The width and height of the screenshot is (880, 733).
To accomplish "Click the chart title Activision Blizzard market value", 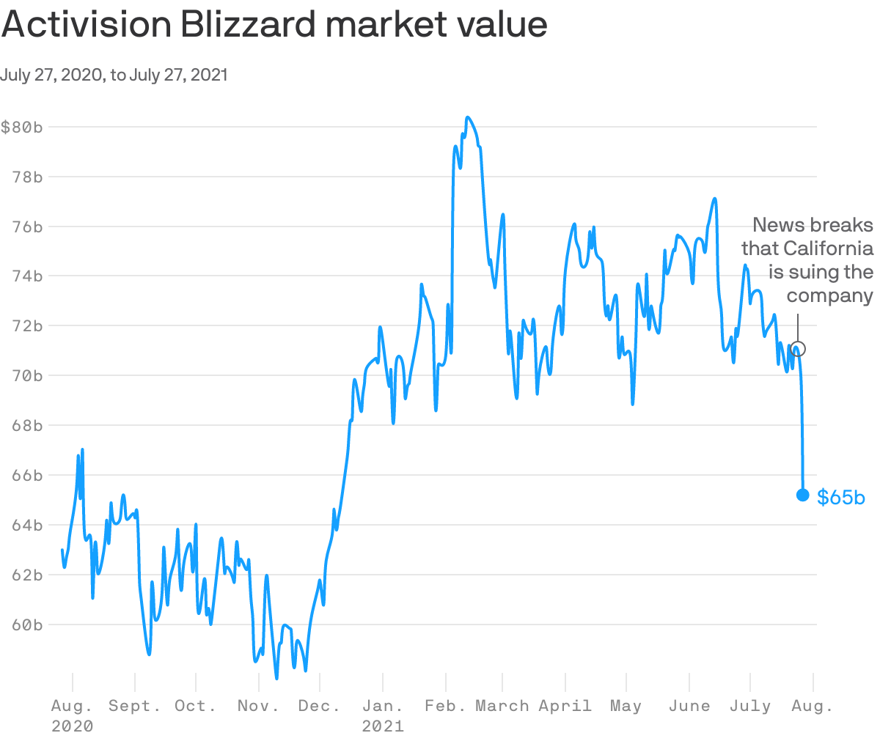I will pyautogui.click(x=274, y=25).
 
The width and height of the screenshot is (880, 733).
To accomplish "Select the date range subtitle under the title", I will pyautogui.click(x=114, y=75).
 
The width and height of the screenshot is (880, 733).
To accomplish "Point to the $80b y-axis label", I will pyautogui.click(x=22, y=127).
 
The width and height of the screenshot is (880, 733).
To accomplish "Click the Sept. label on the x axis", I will pyautogui.click(x=135, y=707).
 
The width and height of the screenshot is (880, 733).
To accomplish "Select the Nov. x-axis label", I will pyautogui.click(x=259, y=707).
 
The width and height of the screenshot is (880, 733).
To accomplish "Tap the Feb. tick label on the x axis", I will pyautogui.click(x=446, y=707).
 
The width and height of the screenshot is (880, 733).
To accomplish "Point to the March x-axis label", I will pyautogui.click(x=502, y=707).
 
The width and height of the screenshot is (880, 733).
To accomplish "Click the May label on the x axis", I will pyautogui.click(x=626, y=707).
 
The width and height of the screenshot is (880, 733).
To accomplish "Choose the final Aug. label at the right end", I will pyautogui.click(x=813, y=707).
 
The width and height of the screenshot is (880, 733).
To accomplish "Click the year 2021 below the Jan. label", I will pyautogui.click(x=384, y=726).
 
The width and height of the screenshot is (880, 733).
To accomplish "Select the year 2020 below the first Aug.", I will pyautogui.click(x=73, y=726).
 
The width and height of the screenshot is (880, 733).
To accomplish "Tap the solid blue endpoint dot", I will pyautogui.click(x=802, y=495).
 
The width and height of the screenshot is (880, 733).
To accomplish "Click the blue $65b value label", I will pyautogui.click(x=841, y=498).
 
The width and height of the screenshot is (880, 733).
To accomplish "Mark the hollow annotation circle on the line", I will pyautogui.click(x=799, y=349).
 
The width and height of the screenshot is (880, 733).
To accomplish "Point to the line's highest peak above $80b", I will pyautogui.click(x=467, y=117).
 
